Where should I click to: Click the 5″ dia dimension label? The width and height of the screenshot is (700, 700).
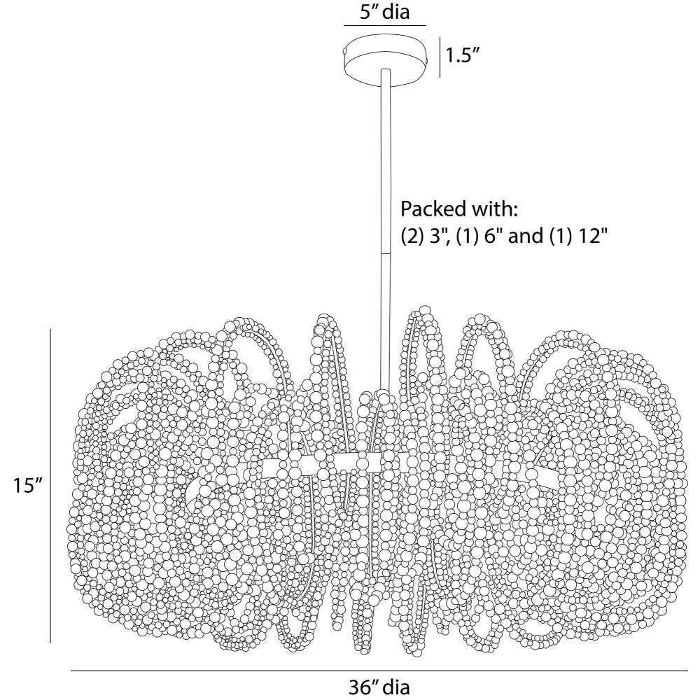point(384,11)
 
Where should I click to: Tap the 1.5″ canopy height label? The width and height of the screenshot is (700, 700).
point(463,56)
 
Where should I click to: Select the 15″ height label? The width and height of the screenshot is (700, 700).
point(27,485)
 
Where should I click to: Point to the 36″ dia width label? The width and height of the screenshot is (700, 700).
point(379,687)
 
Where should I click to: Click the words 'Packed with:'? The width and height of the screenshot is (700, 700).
point(458,209)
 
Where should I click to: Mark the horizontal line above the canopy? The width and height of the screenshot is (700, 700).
point(384,25)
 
